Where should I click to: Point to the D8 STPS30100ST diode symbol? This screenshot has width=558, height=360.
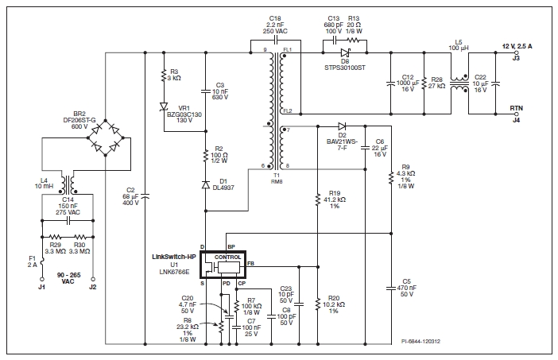(x=345, y=52)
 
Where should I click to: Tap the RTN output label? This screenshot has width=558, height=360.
(x=515, y=110)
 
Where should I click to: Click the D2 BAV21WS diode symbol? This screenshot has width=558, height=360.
(x=341, y=126)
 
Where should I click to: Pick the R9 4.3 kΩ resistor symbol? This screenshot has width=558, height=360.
(x=391, y=179)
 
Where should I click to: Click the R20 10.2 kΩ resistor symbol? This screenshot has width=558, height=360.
(x=317, y=304)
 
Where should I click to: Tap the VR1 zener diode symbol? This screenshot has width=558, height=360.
(x=163, y=106)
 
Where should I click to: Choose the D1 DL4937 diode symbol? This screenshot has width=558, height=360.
(x=205, y=184)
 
